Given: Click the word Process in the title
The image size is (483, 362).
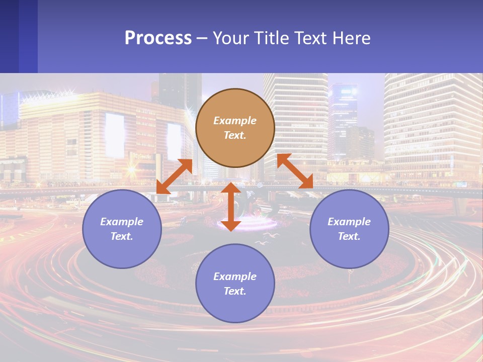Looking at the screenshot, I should click(158, 38).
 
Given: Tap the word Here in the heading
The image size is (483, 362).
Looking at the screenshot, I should click(351, 38).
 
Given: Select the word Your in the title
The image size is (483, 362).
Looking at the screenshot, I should click(230, 38).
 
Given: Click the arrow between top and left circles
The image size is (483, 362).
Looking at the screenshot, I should click(175, 176).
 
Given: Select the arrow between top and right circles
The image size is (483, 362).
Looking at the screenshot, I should click(295, 171).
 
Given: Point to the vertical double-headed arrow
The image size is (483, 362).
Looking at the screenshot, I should click(231, 207).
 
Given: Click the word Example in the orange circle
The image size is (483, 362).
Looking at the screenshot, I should click(235, 121).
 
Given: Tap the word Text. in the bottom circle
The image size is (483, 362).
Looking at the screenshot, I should click(235, 291).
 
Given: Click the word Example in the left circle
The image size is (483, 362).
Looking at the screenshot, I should click(122, 222).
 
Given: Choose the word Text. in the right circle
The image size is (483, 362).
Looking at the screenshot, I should click(349, 236).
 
